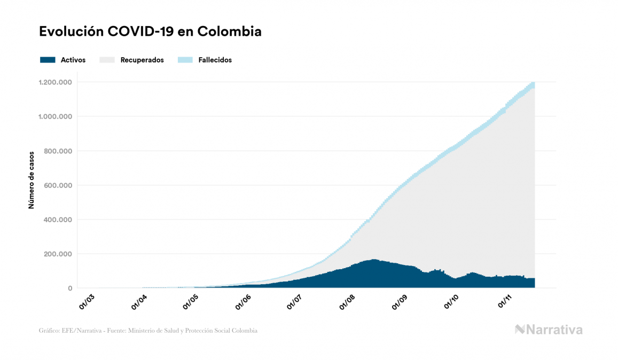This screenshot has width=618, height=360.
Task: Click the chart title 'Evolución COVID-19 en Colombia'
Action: click(150, 32)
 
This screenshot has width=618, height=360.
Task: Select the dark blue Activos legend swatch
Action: click(48, 60)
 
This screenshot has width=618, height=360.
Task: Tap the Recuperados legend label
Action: click(142, 60)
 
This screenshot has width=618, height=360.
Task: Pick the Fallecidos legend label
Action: click(215, 60)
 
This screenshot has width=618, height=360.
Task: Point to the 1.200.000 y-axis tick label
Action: click(55, 82)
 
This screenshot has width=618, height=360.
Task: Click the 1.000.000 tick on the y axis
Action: click(55, 116)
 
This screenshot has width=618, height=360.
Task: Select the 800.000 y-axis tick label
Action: click(58, 151)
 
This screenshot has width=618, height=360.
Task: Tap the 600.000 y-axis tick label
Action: click(58, 185)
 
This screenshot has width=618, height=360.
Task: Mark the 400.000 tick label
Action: click(58, 220)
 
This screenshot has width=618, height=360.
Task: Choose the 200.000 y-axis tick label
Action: click(58, 254)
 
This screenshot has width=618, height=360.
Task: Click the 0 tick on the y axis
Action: click(69, 288)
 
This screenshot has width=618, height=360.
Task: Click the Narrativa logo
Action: click(549, 330)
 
